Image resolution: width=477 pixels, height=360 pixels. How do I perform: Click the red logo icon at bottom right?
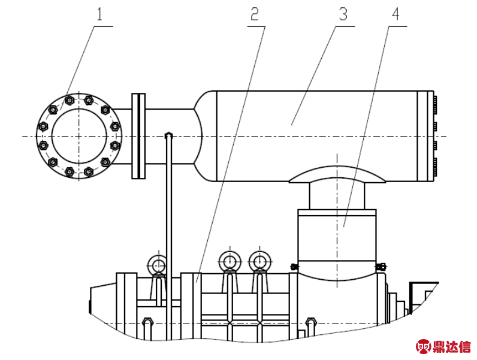(x=424, y=346)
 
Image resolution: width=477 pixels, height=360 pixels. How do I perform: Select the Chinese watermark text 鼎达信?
(x=452, y=346)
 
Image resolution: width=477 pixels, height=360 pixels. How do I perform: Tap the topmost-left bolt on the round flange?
(x=68, y=99)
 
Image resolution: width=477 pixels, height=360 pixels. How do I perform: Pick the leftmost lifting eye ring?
(x=157, y=264)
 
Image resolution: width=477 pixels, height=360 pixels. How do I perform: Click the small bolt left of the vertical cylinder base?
(x=294, y=267)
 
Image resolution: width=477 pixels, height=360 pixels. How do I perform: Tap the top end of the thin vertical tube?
(x=169, y=135)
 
